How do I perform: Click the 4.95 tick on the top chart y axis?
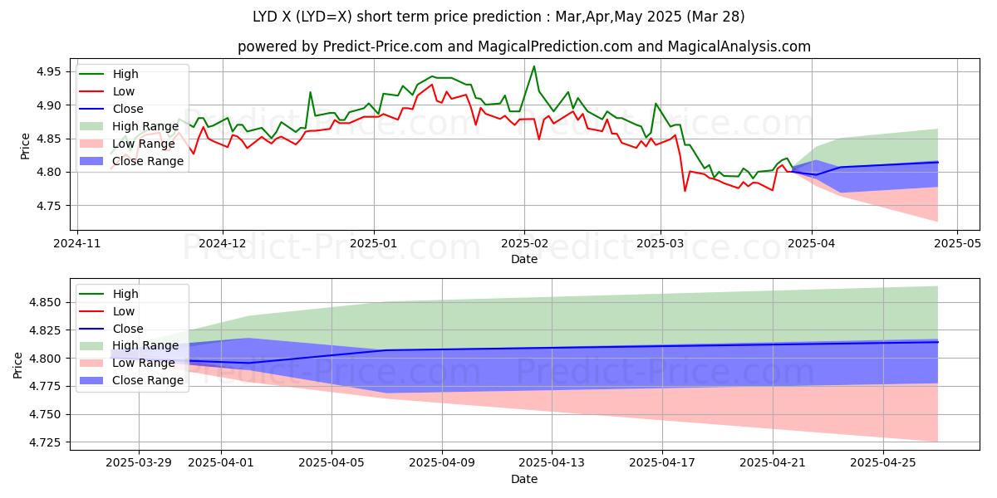click(47, 72)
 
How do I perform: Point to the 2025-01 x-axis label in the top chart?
click(373, 244)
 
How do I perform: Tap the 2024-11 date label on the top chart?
click(78, 244)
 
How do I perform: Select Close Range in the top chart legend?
click(148, 161)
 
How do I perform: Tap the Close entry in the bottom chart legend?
click(127, 329)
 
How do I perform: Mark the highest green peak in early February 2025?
click(533, 66)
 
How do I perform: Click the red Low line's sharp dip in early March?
click(685, 191)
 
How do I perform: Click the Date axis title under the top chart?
click(524, 260)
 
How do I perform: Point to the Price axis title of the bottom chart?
click(18, 364)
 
